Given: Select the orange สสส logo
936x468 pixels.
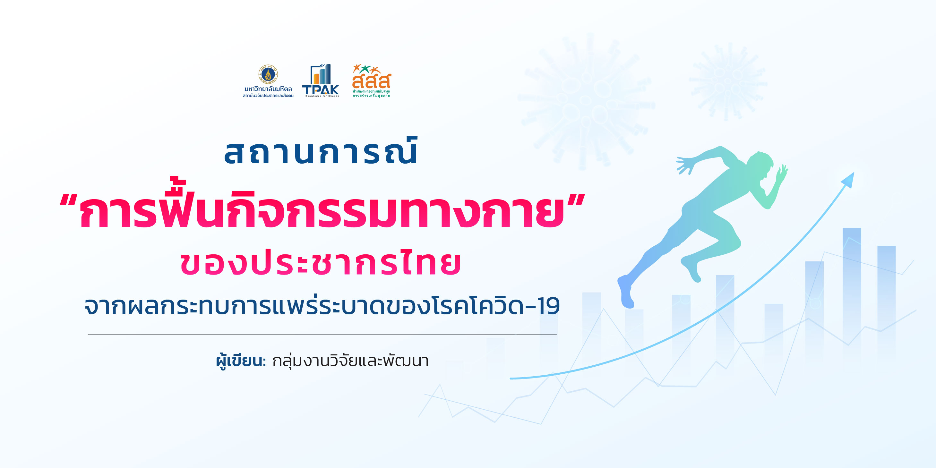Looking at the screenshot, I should (x=371, y=81).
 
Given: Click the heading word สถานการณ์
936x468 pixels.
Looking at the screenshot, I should (x=321, y=152).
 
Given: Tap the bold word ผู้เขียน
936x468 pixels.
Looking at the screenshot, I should (x=241, y=361).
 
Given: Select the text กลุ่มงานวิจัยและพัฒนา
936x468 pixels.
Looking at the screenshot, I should (x=351, y=361).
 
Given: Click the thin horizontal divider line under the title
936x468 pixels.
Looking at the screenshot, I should (x=322, y=334).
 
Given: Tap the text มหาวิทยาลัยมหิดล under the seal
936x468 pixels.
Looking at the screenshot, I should (x=268, y=89).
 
